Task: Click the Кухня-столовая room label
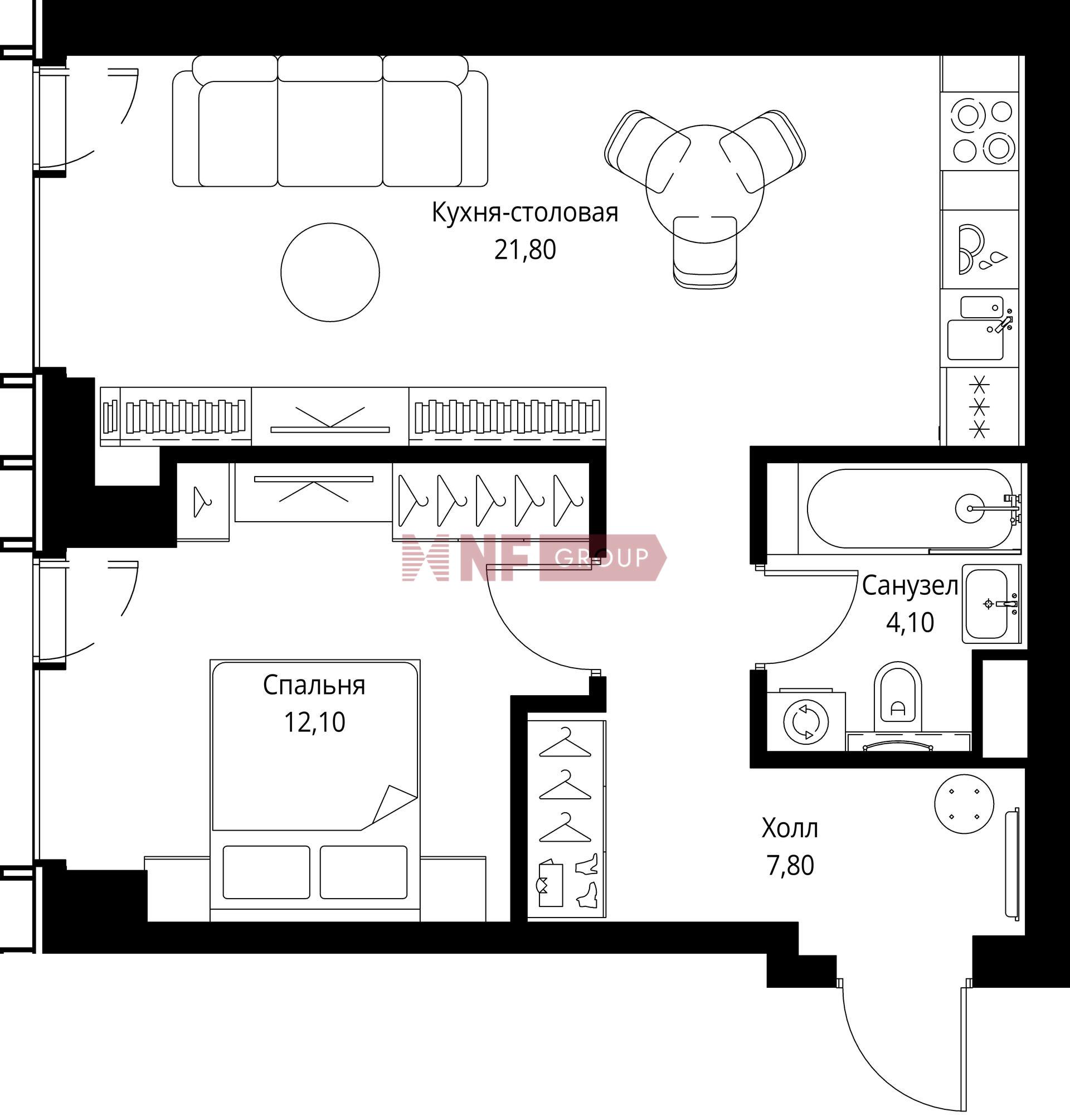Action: point(525,213)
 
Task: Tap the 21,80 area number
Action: point(525,250)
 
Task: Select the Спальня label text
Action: point(314,686)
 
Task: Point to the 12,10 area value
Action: point(314,722)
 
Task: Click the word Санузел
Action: point(909,586)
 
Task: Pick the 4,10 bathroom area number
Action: point(909,622)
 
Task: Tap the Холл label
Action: point(790,828)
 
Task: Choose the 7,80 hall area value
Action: point(790,866)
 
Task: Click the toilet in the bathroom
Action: point(898,697)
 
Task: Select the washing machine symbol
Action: point(806,721)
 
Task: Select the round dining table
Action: point(704,184)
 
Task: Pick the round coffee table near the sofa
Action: point(330,272)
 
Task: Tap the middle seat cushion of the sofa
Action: point(330,133)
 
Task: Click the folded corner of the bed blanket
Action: point(395,804)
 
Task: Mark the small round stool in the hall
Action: point(964,804)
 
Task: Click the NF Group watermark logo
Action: point(534,557)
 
